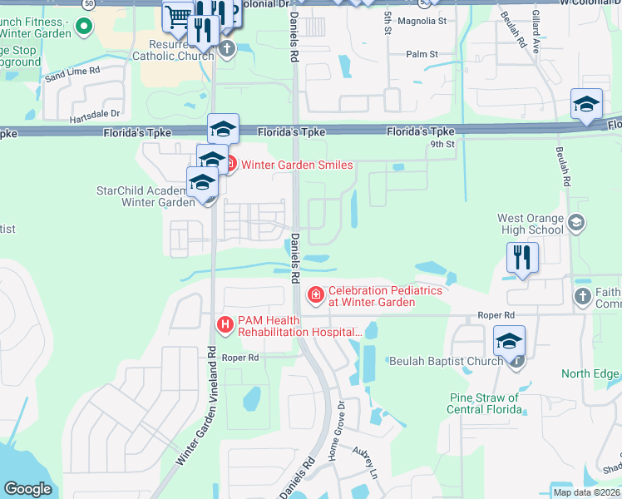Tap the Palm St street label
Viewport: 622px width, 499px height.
coord(422,54)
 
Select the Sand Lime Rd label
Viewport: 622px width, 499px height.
coord(72,75)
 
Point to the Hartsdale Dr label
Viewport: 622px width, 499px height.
coord(93,113)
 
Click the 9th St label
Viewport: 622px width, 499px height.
coord(442,144)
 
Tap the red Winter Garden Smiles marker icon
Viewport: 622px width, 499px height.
coord(230,165)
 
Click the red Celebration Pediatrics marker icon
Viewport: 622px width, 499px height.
coord(315,294)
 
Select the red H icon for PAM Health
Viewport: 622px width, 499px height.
coord(225,324)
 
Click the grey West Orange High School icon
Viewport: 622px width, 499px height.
coord(577,223)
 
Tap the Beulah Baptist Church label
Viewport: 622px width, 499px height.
coord(446,361)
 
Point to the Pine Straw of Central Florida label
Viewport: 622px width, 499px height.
coord(483,403)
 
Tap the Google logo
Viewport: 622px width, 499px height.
coord(27,489)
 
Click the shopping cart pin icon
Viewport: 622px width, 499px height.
coord(176,15)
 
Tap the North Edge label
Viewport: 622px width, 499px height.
coord(590,373)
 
